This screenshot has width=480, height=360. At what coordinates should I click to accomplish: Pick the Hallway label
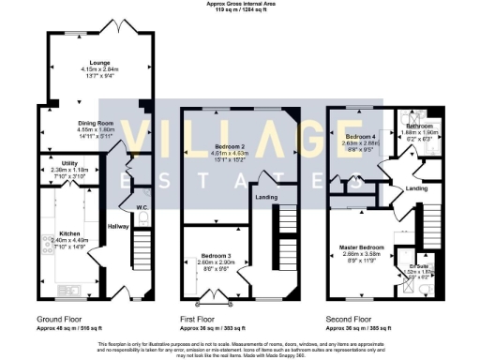pos(117,226)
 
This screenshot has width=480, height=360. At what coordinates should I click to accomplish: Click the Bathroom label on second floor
pos(419,126)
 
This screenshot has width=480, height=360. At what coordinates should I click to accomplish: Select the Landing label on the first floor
pos(265,196)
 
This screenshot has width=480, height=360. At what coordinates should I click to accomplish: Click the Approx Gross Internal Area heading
pos(239,4)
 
